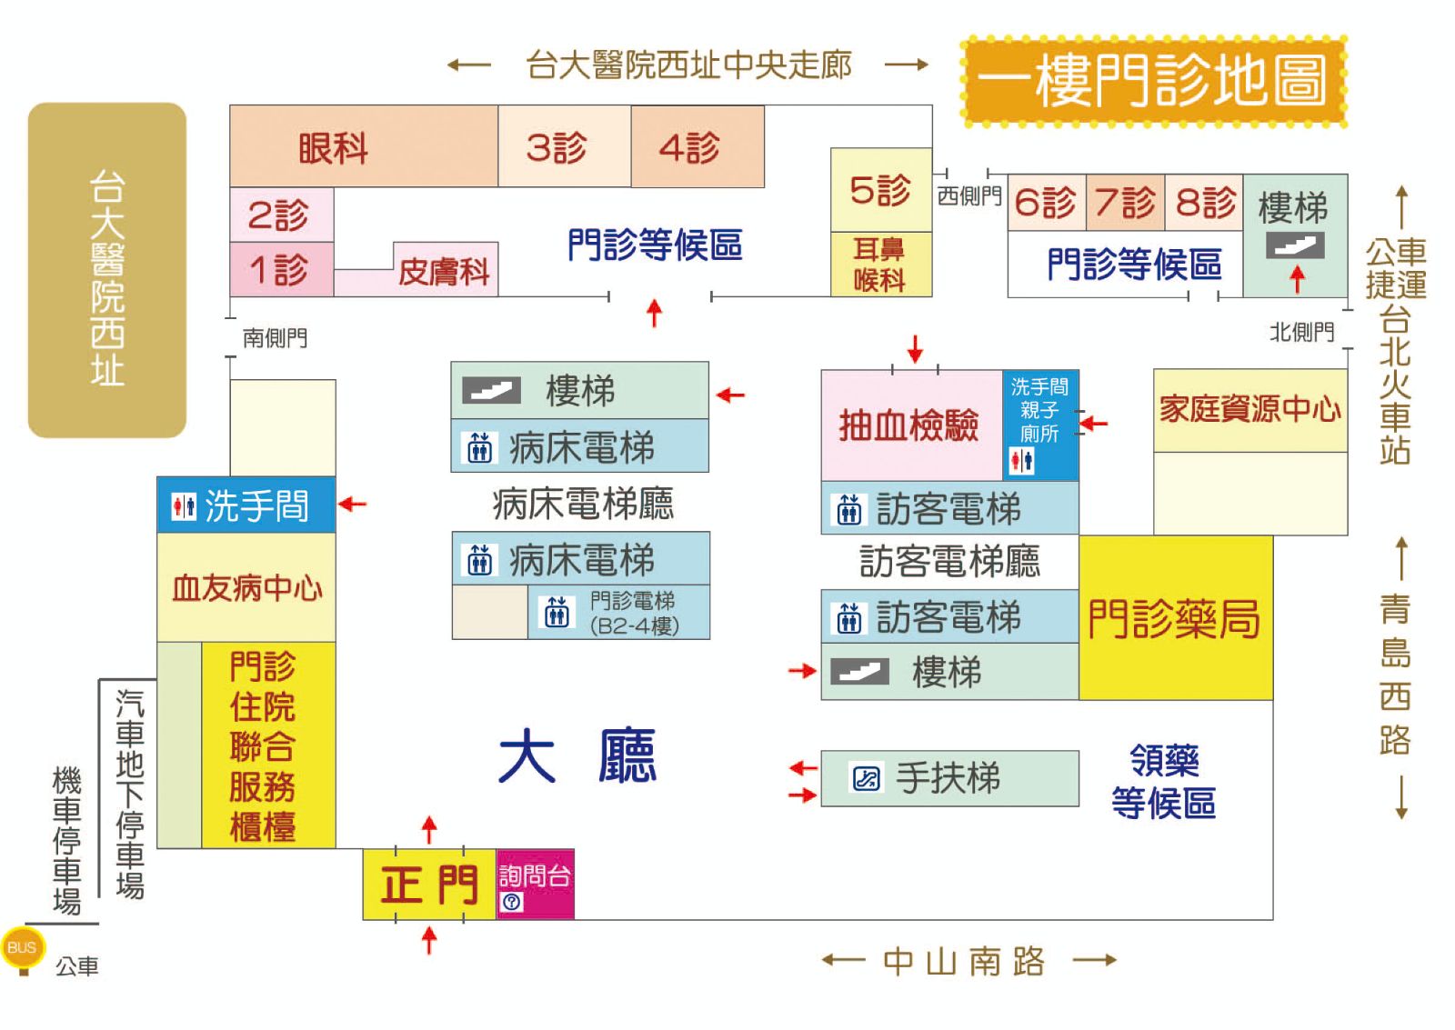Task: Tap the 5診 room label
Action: click(x=880, y=190)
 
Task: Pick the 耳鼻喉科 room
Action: click(x=880, y=265)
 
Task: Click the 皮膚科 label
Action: click(x=444, y=271)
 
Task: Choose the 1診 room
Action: click(x=280, y=270)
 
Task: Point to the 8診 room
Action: click(x=1204, y=203)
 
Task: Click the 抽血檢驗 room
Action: click(x=909, y=425)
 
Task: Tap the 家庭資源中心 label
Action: click(x=1249, y=410)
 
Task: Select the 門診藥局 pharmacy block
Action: click(x=1175, y=619)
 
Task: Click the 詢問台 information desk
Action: click(x=535, y=883)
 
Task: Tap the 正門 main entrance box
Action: click(x=429, y=885)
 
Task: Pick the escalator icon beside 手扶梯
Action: click(x=866, y=778)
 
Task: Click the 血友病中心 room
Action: click(x=246, y=588)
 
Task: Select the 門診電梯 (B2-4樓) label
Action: click(x=633, y=613)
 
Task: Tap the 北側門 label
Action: click(x=1301, y=333)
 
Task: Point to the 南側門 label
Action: click(x=275, y=338)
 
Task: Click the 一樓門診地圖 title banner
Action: click(x=1153, y=81)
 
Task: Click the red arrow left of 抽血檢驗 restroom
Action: click(x=1094, y=423)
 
